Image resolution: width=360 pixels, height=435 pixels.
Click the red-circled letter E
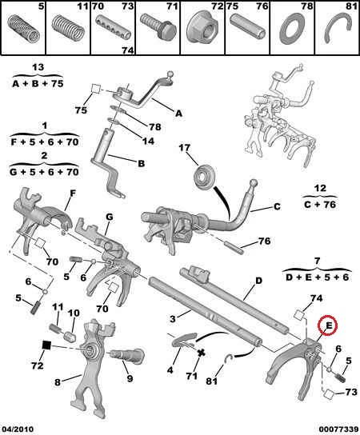point(329,325)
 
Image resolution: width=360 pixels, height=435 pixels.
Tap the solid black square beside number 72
point(46,345)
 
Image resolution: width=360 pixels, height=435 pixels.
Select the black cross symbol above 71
point(202,353)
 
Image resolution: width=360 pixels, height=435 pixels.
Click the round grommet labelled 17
point(204,177)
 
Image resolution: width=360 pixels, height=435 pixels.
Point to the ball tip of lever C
point(254,183)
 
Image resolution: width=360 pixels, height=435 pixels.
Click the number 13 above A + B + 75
point(38,67)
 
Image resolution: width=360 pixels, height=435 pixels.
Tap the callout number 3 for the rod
point(172,319)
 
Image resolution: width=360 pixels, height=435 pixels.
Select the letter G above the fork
point(110,217)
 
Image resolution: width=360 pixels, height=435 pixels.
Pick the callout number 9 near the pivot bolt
point(130,378)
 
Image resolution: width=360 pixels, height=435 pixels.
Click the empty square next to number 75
point(96,90)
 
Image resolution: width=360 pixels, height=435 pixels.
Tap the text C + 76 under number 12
point(320,205)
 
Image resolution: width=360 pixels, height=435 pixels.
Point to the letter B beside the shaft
point(142,163)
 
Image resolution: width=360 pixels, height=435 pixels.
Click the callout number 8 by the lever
point(57,382)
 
